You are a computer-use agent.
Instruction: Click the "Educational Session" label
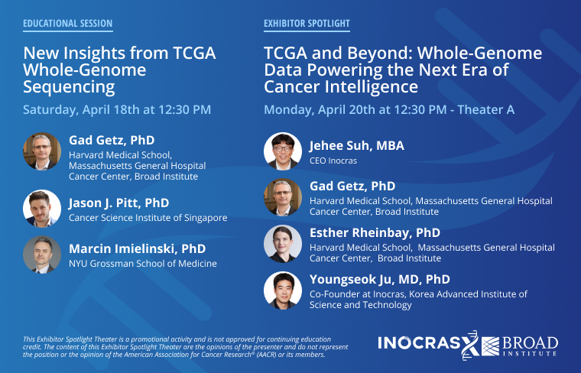pos(67,24)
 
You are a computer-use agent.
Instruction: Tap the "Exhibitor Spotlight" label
pos(307,24)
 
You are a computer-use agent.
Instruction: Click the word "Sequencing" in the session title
pos(69,86)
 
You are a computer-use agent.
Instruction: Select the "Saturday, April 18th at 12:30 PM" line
pos(117,110)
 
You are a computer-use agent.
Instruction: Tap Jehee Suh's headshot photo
pos(283,151)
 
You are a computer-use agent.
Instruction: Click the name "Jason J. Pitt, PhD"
pos(118,203)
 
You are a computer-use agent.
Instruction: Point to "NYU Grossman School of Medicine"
pos(142,264)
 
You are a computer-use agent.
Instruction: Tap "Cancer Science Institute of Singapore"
pos(148,218)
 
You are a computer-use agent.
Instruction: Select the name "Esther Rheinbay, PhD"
pos(375,233)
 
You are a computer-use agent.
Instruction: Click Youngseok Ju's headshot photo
pos(283,290)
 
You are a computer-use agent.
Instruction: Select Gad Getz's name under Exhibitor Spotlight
pos(352,186)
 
